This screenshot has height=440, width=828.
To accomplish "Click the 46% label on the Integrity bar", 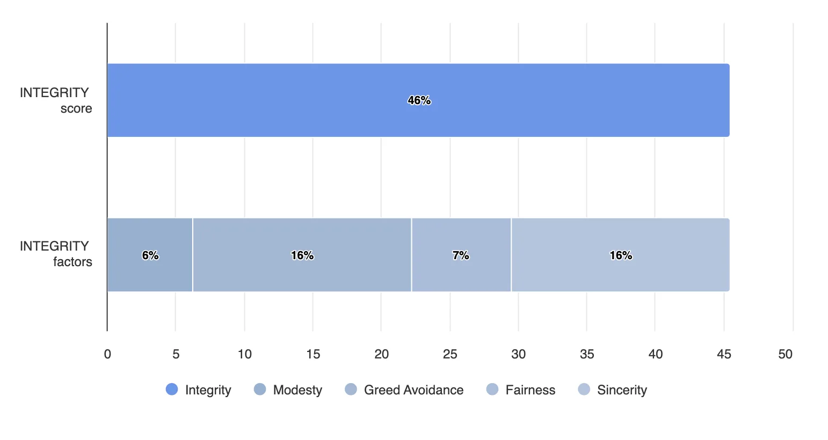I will (x=419, y=100).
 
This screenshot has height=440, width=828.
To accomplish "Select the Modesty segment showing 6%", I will (x=150, y=255).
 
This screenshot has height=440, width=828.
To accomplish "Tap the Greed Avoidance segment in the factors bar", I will (x=302, y=255).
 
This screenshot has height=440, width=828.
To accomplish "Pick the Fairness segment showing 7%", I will (x=461, y=255).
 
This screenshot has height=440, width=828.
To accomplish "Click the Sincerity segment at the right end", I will (x=620, y=255).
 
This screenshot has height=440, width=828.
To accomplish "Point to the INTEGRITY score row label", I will (x=55, y=100).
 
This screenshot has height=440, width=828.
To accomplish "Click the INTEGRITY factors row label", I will (x=55, y=254).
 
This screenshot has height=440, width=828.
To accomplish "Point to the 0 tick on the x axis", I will (x=107, y=354).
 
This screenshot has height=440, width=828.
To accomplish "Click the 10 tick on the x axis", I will (x=245, y=354).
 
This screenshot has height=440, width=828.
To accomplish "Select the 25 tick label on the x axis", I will (x=450, y=354).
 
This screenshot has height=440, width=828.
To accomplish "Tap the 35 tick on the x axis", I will (x=587, y=354).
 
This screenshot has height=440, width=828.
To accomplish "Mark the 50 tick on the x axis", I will (x=785, y=354).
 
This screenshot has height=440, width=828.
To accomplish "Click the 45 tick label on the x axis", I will (x=724, y=354).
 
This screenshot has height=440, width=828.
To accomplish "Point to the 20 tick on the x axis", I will (x=381, y=354).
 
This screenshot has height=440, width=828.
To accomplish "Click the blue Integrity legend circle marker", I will (x=172, y=390).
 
